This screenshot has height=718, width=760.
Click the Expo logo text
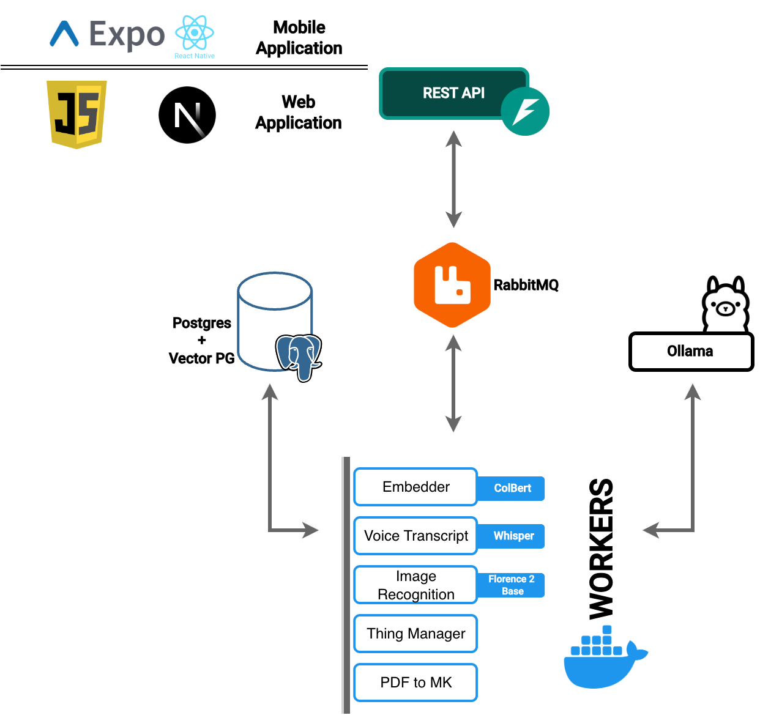(x=127, y=34)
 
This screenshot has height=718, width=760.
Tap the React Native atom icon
(x=195, y=33)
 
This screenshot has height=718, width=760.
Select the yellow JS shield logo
(x=77, y=114)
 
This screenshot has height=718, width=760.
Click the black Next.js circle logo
(x=187, y=115)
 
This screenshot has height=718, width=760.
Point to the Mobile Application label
(x=299, y=38)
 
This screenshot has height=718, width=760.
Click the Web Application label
(x=299, y=113)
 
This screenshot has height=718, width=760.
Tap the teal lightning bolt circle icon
(x=525, y=111)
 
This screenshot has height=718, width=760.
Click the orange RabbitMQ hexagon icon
(x=452, y=285)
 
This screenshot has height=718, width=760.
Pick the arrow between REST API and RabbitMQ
(x=453, y=179)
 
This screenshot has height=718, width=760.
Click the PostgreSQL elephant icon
(x=299, y=357)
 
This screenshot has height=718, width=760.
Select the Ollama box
(x=691, y=352)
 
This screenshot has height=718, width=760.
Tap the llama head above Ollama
(x=725, y=305)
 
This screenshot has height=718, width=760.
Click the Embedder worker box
(x=415, y=487)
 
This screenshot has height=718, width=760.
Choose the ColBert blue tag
(x=512, y=488)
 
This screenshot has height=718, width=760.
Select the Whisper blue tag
(x=513, y=536)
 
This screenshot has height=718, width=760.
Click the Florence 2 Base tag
(x=512, y=585)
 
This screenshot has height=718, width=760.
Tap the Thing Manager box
(x=415, y=634)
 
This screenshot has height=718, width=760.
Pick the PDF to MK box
(x=415, y=683)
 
